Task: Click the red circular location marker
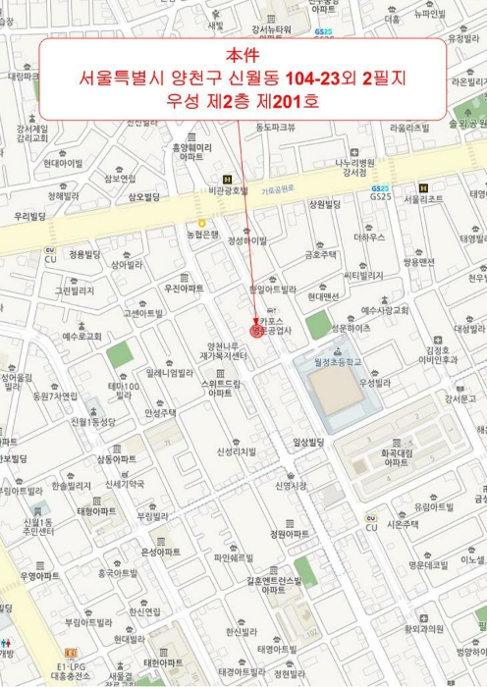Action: click(x=257, y=332)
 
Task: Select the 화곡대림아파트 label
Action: click(x=394, y=457)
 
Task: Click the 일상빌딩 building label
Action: click(x=308, y=444)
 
